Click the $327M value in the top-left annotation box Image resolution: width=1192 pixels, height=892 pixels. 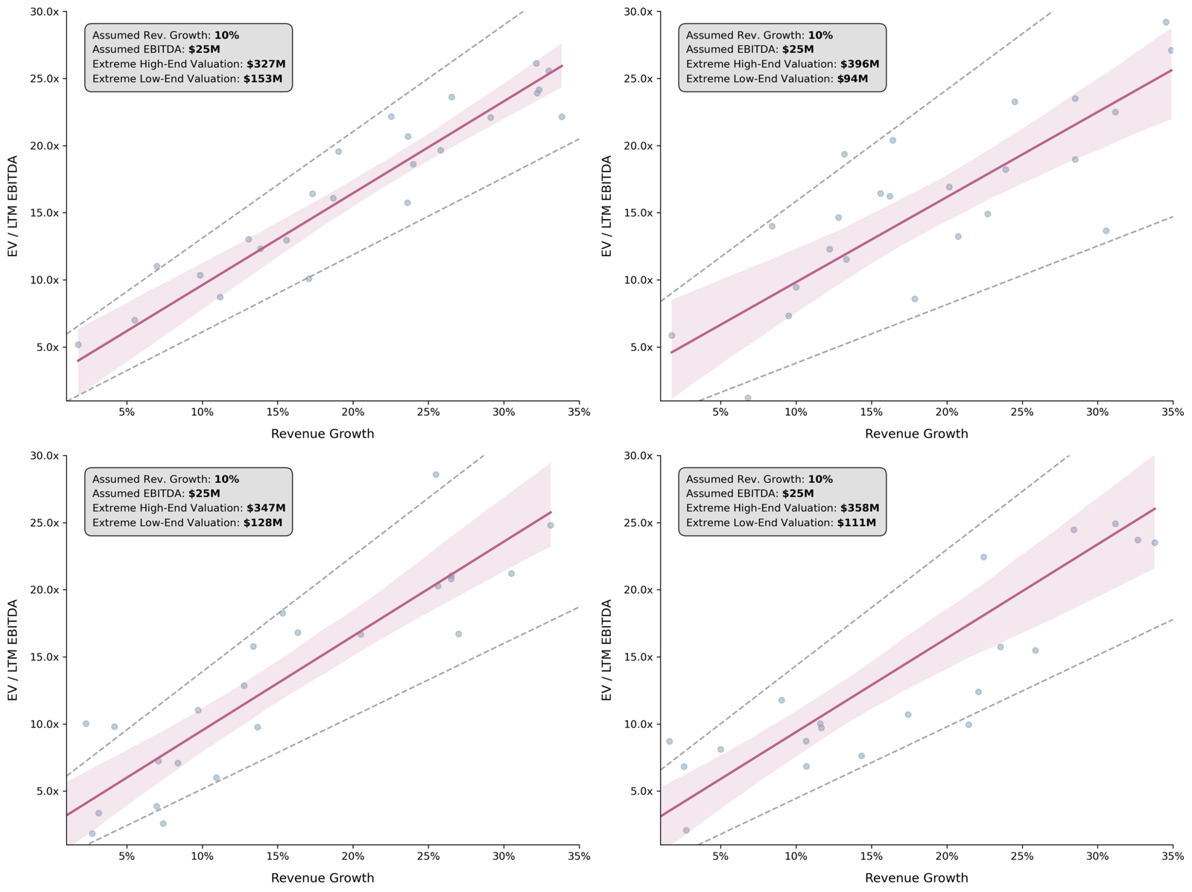tap(266, 64)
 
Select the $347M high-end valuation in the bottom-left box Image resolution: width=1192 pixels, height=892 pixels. tap(266, 507)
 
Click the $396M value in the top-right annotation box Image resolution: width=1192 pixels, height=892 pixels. tap(860, 64)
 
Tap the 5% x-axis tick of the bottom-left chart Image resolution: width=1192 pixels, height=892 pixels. tap(127, 857)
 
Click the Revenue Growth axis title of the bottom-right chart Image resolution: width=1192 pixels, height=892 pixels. tap(916, 878)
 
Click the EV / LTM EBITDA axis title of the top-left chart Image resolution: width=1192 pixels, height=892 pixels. tap(13, 206)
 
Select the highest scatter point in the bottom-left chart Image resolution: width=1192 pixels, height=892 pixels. tap(436, 474)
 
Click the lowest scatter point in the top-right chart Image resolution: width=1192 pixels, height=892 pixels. tap(748, 398)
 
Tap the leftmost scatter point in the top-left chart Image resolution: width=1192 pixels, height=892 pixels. tap(78, 344)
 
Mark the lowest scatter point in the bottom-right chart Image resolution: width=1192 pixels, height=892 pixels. tap(686, 830)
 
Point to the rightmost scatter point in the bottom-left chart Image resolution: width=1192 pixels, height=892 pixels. tap(551, 525)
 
